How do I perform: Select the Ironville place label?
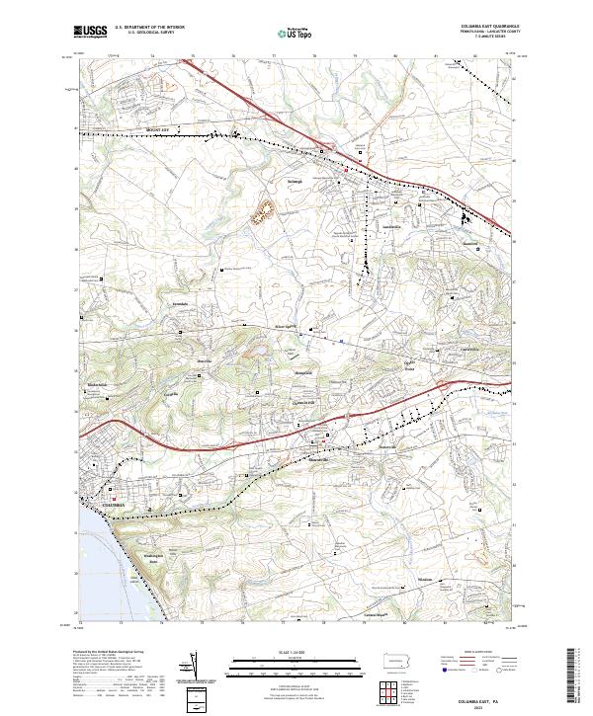pyautogui.click(x=203, y=362)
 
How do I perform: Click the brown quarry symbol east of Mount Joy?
pyautogui.click(x=265, y=210)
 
